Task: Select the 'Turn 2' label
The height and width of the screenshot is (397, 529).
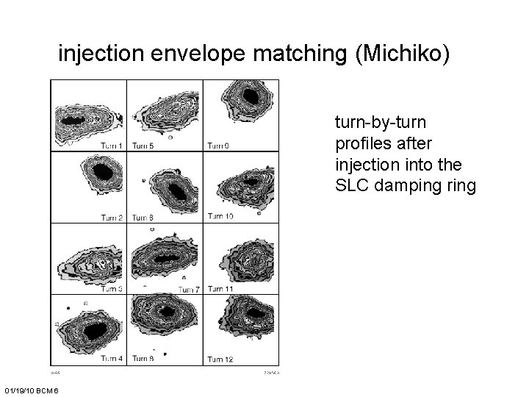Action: [112, 218]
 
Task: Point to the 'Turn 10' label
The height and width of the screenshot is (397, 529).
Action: [220, 216]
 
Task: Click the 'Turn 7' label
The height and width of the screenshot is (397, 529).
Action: [189, 290]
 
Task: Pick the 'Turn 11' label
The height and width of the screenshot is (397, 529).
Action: [220, 289]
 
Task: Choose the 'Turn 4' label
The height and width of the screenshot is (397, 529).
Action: [112, 358]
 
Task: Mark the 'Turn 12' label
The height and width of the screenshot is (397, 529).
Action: [220, 358]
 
